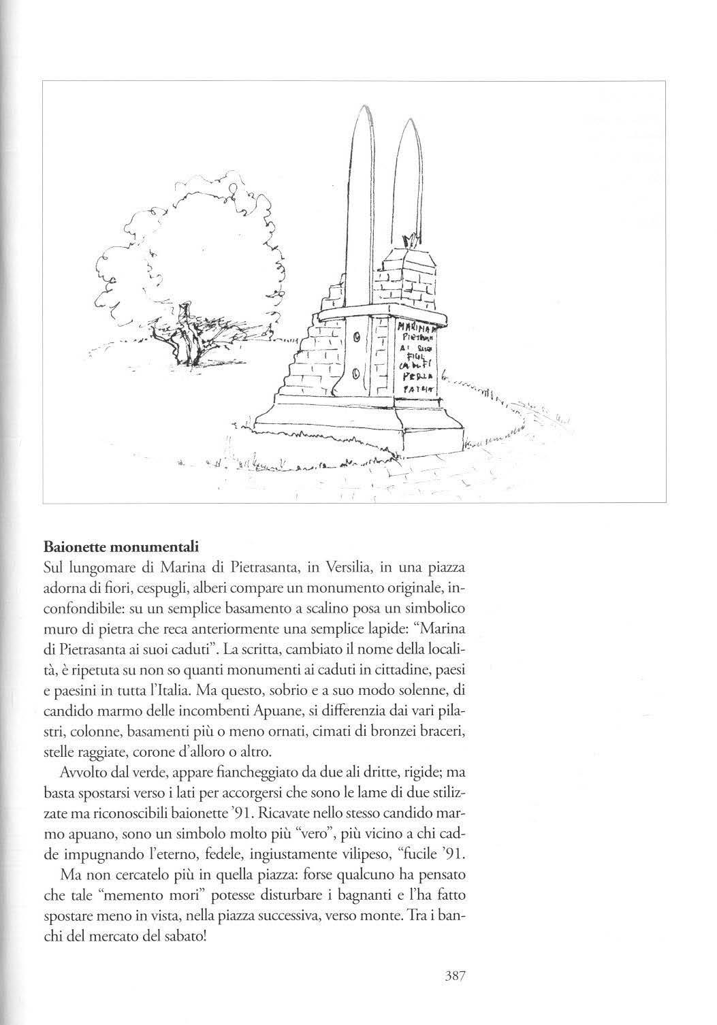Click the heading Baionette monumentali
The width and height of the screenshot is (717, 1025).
121,547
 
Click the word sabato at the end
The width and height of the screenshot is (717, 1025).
185,937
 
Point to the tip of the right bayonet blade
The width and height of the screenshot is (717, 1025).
409,122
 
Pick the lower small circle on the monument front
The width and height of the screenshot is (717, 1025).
355,372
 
